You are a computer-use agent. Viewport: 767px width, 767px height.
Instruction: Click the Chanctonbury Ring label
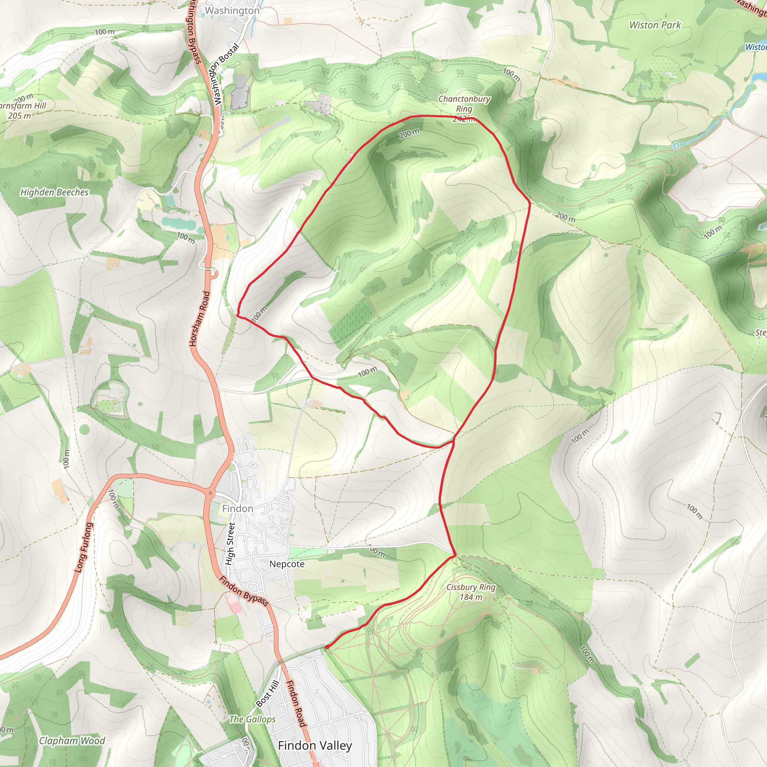pyautogui.click(x=464, y=104)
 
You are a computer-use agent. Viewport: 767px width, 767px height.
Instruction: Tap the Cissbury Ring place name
pyautogui.click(x=471, y=587)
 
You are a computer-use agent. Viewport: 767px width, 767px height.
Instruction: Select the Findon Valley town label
pyautogui.click(x=315, y=746)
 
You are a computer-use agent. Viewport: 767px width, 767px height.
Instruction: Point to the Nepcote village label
pyautogui.click(x=287, y=564)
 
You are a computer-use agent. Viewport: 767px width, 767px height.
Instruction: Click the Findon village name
pyautogui.click(x=237, y=509)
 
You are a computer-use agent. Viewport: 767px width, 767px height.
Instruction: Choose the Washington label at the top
pyautogui.click(x=232, y=11)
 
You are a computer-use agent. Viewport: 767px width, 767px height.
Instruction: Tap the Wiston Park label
pyautogui.click(x=655, y=25)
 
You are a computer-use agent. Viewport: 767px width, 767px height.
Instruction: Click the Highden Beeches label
pyautogui.click(x=54, y=192)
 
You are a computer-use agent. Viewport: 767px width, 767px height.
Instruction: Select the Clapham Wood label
pyautogui.click(x=72, y=741)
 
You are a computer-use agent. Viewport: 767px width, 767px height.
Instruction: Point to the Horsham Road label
pyautogui.click(x=199, y=319)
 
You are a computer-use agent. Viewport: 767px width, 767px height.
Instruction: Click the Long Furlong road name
pyautogui.click(x=84, y=548)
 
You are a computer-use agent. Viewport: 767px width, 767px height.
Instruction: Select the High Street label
pyautogui.click(x=230, y=543)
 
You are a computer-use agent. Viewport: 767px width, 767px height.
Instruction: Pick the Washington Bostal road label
pyautogui.click(x=226, y=74)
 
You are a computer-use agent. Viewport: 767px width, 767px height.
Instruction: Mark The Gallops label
pyautogui.click(x=252, y=719)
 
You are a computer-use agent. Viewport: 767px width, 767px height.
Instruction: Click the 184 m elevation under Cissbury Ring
pyautogui.click(x=471, y=597)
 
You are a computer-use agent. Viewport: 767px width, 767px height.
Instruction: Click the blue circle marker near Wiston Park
pyautogui.click(x=676, y=146)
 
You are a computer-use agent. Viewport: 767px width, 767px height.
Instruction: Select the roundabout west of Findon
pyautogui.click(x=210, y=493)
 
